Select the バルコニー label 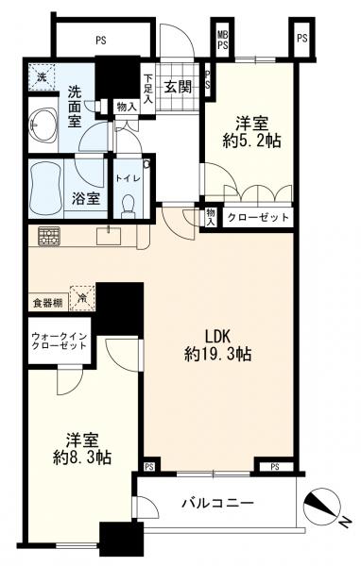point(217,504)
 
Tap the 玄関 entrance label point(179,87)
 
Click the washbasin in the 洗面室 point(43,123)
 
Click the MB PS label point(223,40)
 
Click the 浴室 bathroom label point(85,199)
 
